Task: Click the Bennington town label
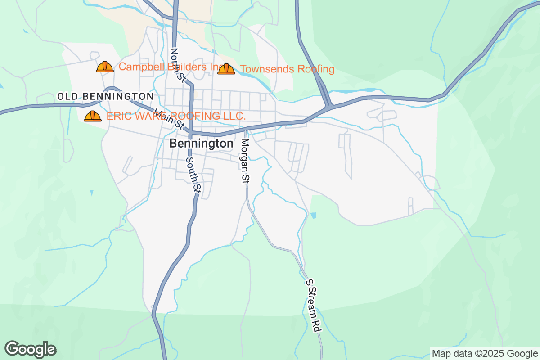coord(202,144)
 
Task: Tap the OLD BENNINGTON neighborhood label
coord(106,96)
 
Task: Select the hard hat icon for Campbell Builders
coord(105,67)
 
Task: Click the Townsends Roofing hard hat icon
coord(226,69)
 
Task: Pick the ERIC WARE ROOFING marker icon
coord(93,116)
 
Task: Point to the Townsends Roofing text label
coord(287,69)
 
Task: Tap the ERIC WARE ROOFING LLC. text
coord(176,116)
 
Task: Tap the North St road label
coord(177,65)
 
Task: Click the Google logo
coord(31,349)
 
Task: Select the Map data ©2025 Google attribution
coord(484,353)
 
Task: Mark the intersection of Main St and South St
coord(190,133)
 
